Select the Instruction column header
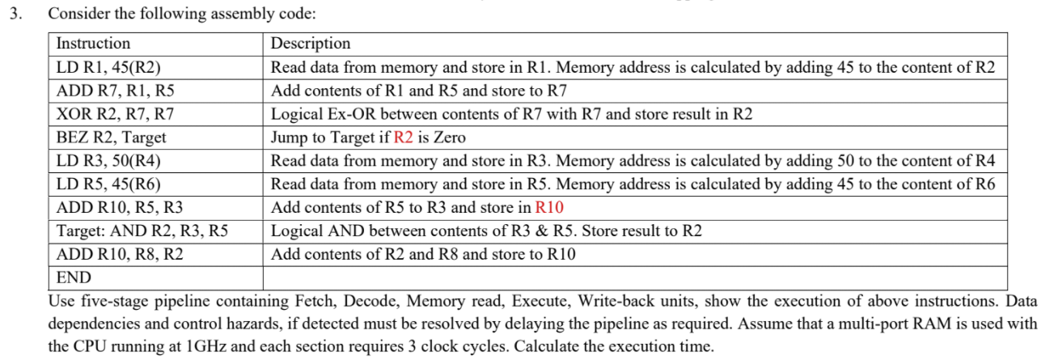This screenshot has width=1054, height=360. (93, 44)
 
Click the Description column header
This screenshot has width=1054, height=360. (311, 44)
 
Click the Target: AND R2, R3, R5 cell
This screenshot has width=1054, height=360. (142, 231)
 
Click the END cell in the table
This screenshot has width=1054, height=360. (74, 278)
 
